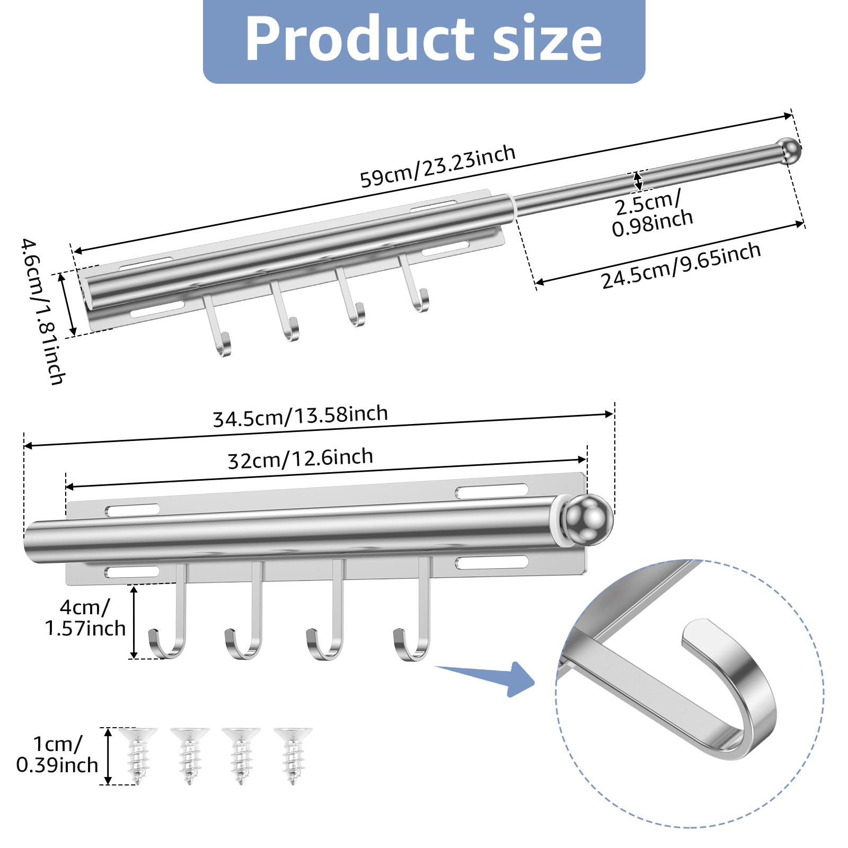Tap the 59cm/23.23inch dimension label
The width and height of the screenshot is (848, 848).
pos(438,166)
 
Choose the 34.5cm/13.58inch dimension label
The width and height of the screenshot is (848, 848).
pos(301,416)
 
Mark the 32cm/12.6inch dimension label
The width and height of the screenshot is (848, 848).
pos(301,458)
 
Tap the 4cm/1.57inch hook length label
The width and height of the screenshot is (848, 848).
pos(85,617)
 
